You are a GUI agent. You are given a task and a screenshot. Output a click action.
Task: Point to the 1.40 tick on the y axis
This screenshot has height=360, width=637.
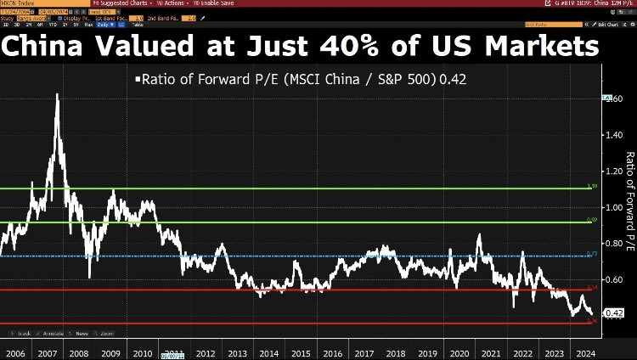tap(612, 135)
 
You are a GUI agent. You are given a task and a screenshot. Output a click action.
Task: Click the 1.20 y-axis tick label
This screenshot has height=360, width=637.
tap(612, 171)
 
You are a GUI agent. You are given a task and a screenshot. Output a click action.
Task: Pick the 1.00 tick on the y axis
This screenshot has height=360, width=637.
tap(612, 207)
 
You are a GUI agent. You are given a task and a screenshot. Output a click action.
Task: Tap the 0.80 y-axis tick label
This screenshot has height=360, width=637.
tap(612, 243)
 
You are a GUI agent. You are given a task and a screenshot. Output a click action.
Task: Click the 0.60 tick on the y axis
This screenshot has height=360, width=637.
tap(612, 278)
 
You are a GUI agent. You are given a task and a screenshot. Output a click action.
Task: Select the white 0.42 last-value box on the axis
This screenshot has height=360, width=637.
tap(612, 312)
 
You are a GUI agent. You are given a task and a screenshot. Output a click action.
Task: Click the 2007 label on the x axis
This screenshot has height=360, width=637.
tap(48, 352)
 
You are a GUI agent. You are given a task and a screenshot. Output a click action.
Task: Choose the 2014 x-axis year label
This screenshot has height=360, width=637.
tap(269, 352)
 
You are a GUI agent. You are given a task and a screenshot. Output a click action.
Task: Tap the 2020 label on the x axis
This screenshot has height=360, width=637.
tap(460, 352)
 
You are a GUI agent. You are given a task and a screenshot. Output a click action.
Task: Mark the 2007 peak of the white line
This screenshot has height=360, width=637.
tap(57, 95)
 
